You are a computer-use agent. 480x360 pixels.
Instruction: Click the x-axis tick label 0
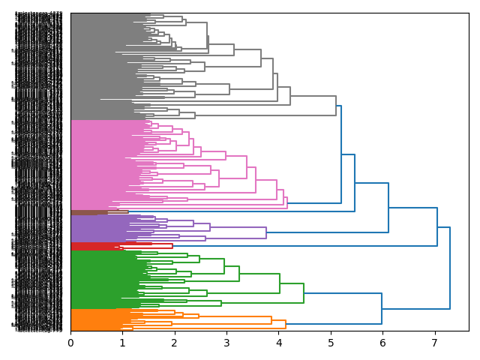(70, 343)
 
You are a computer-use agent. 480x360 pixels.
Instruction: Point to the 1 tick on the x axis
(122, 343)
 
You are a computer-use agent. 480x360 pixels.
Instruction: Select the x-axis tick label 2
(175, 343)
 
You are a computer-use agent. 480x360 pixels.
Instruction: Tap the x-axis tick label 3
(226, 343)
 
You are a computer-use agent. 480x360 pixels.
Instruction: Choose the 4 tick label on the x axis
(278, 343)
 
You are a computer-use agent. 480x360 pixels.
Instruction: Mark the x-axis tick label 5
(331, 343)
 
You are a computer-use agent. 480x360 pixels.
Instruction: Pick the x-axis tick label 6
(382, 343)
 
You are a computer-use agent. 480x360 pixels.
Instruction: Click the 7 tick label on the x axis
(434, 343)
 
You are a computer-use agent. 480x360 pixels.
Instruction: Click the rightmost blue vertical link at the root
(450, 268)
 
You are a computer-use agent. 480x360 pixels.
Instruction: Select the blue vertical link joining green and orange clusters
(382, 307)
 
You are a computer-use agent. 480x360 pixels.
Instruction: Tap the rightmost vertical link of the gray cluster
(336, 106)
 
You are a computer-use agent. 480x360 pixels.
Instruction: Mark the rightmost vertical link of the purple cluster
(266, 232)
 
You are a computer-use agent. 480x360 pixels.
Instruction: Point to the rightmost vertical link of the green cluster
(304, 293)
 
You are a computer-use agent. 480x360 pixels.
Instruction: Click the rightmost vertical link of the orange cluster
(286, 325)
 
